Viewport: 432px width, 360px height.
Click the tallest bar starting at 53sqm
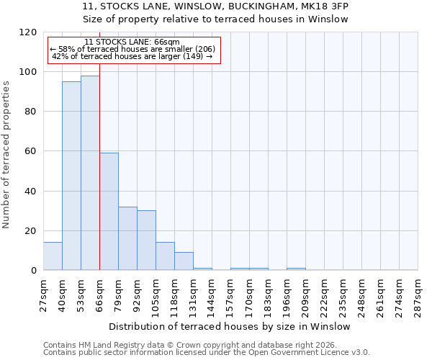point(90,173)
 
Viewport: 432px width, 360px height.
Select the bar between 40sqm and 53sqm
point(71,176)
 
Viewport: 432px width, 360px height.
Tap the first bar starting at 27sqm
point(53,256)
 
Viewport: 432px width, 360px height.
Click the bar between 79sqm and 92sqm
point(127,238)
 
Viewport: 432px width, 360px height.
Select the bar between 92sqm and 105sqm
point(146,240)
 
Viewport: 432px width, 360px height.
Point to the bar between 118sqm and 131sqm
point(184,261)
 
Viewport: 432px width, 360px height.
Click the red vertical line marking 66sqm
point(99,166)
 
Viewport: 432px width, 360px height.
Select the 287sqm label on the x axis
point(418,295)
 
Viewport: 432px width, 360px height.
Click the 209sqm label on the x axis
point(306,295)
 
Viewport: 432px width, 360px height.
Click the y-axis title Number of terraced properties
point(6,154)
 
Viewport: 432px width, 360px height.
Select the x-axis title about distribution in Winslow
point(230,326)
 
